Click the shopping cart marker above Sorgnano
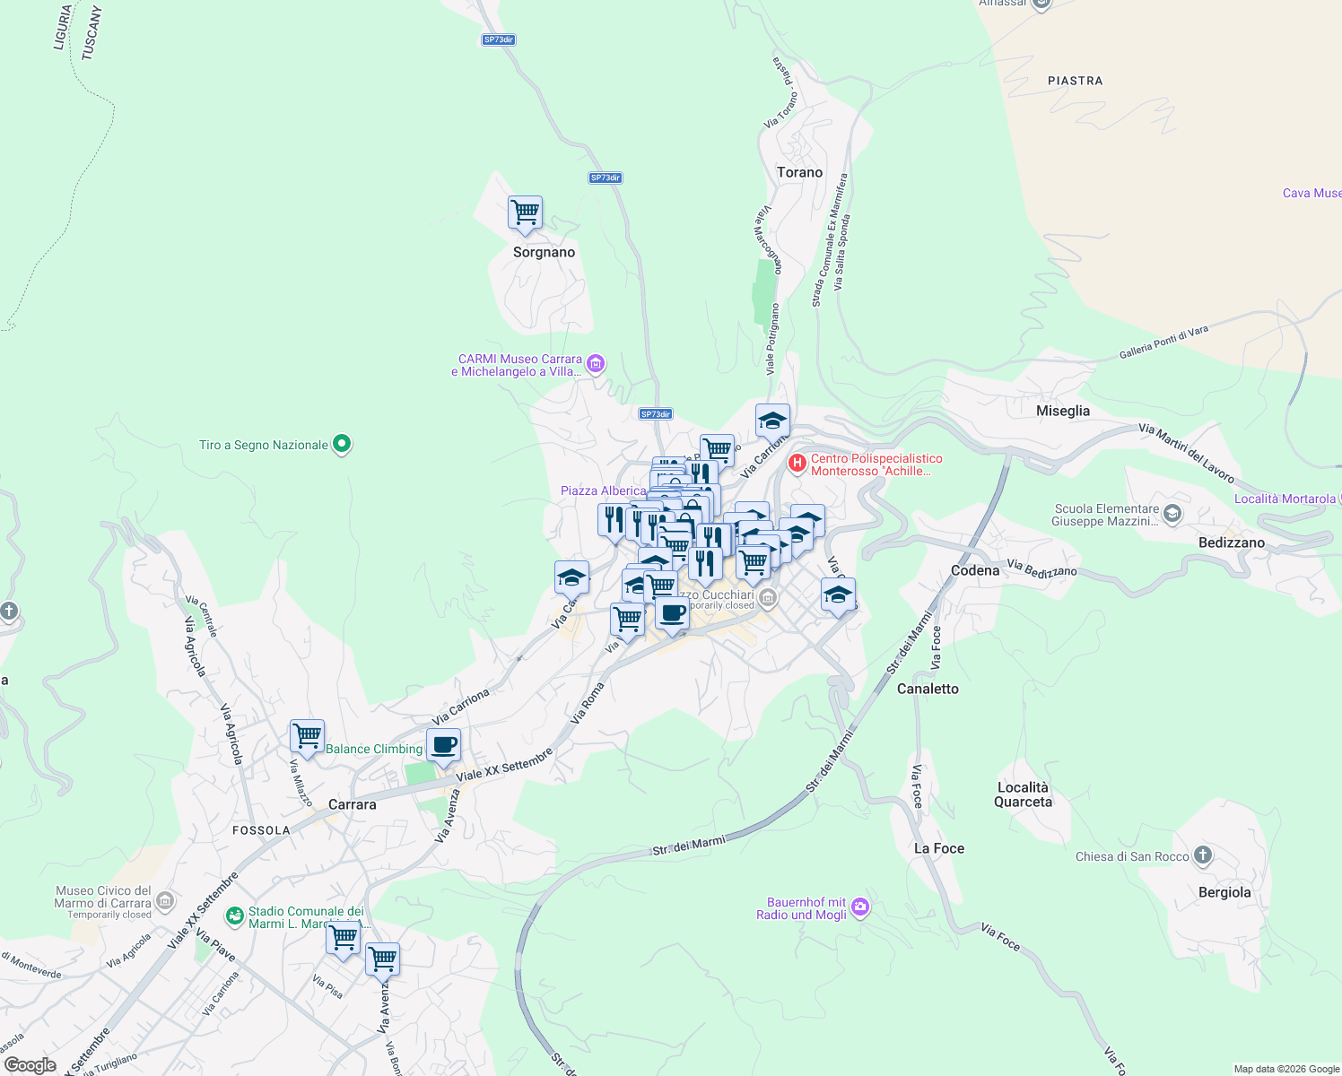pos(525,213)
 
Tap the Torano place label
pos(799,172)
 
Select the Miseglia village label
pos(1063,411)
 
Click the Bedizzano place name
pos(1231,542)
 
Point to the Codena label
pos(974,570)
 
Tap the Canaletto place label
pos(928,689)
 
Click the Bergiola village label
pos(1224,892)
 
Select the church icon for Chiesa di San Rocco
pos(1203,855)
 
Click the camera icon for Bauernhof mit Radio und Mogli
pos(860,907)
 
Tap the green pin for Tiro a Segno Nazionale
pos(341,444)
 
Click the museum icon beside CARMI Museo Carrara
pos(595,364)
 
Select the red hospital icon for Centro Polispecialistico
pos(797,464)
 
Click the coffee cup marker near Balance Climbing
pos(443,744)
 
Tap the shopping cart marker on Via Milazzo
pos(307,736)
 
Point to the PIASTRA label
pos(1075,81)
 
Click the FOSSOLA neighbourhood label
pos(261,830)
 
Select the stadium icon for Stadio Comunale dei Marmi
pos(235,915)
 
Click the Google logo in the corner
pos(30,1065)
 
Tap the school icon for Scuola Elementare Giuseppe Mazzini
pos(1172,514)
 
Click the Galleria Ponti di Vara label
pos(1163,343)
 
